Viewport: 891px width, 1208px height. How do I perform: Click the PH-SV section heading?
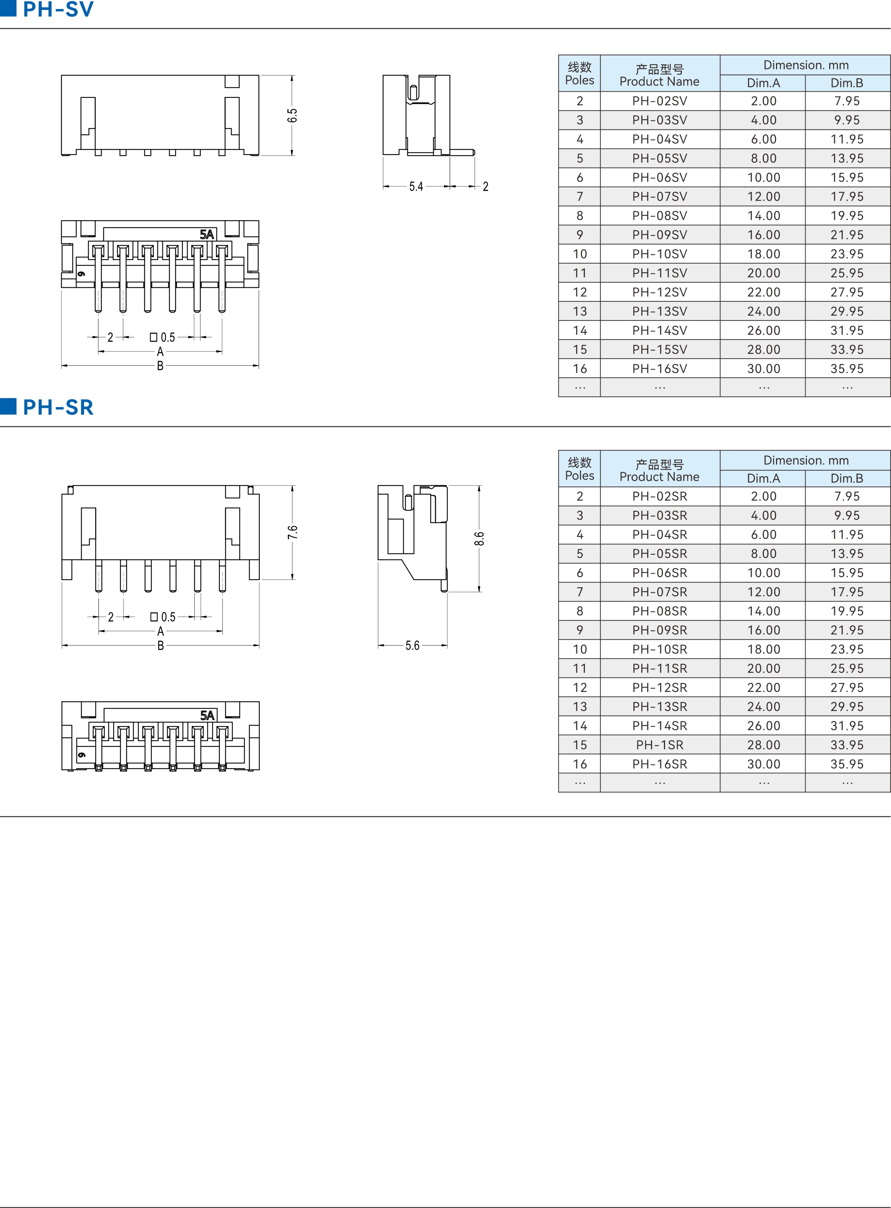coord(58,9)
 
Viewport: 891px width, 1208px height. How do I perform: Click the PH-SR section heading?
coord(58,407)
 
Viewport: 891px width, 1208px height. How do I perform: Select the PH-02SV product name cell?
coord(660,101)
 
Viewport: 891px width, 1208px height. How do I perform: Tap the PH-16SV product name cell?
coord(660,369)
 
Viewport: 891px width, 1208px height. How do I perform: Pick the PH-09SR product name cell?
coord(660,630)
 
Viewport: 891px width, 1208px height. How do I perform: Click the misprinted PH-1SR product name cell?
coord(660,745)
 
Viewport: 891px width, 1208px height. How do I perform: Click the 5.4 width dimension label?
coord(416,187)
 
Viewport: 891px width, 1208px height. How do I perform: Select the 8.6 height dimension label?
coord(479,539)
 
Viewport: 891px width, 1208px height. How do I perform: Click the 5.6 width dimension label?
coord(412,646)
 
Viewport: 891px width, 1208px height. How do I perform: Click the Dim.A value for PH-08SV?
coord(764,216)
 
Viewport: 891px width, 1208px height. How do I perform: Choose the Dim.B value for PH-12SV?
coord(847,292)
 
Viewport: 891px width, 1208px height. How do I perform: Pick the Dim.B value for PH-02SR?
coord(847,496)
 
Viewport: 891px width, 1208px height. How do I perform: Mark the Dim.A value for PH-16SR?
coord(764,764)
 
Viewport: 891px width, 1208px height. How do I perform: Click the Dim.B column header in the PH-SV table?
coord(847,83)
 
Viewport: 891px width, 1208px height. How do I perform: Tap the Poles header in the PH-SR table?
coord(580,475)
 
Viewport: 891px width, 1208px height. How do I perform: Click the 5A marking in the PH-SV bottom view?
coord(207,234)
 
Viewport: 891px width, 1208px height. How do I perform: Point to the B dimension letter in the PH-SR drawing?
coord(161,646)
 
